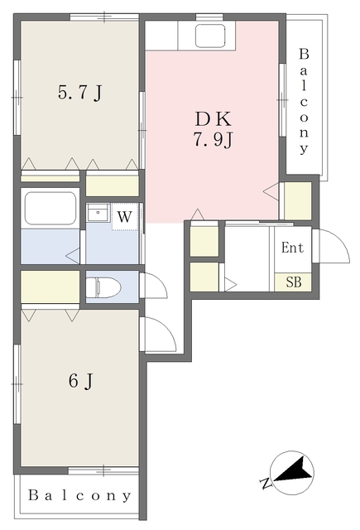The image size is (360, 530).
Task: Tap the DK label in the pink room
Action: pyautogui.click(x=214, y=119)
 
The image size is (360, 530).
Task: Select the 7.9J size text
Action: pyautogui.click(x=214, y=139)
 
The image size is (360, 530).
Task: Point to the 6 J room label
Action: pyautogui.click(x=81, y=382)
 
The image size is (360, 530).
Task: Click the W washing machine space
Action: pyautogui.click(x=125, y=217)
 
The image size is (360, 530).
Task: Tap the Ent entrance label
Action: pyautogui.click(x=292, y=248)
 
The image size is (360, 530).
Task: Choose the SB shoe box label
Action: pyautogui.click(x=294, y=282)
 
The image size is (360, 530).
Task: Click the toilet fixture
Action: pyautogui.click(x=103, y=287)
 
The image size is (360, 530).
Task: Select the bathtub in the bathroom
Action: pyautogui.click(x=50, y=209)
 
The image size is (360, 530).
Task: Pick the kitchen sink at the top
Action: pyautogui.click(x=210, y=35)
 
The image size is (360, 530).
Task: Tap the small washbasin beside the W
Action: pyautogui.click(x=98, y=213)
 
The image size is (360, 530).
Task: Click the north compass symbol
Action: pyautogui.click(x=292, y=473)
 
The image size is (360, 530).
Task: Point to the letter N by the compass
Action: pyautogui.click(x=266, y=484)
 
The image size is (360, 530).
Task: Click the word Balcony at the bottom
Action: pyautogui.click(x=79, y=495)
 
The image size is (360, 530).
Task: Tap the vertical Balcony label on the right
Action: pyautogui.click(x=304, y=101)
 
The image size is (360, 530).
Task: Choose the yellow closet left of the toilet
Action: pyautogui.click(x=50, y=287)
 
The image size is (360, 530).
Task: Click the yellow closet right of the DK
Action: pyautogui.click(x=298, y=200)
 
